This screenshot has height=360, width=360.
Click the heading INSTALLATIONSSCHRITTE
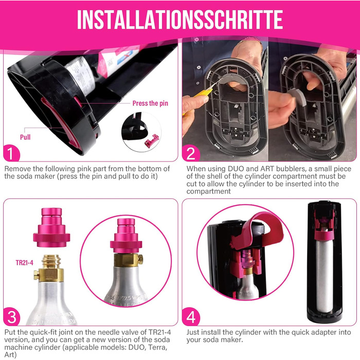pyautogui.click(x=179, y=19)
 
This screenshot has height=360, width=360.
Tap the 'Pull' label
pyautogui.click(x=25, y=138)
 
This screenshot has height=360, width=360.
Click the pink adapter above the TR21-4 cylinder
pyautogui.click(x=51, y=229)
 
